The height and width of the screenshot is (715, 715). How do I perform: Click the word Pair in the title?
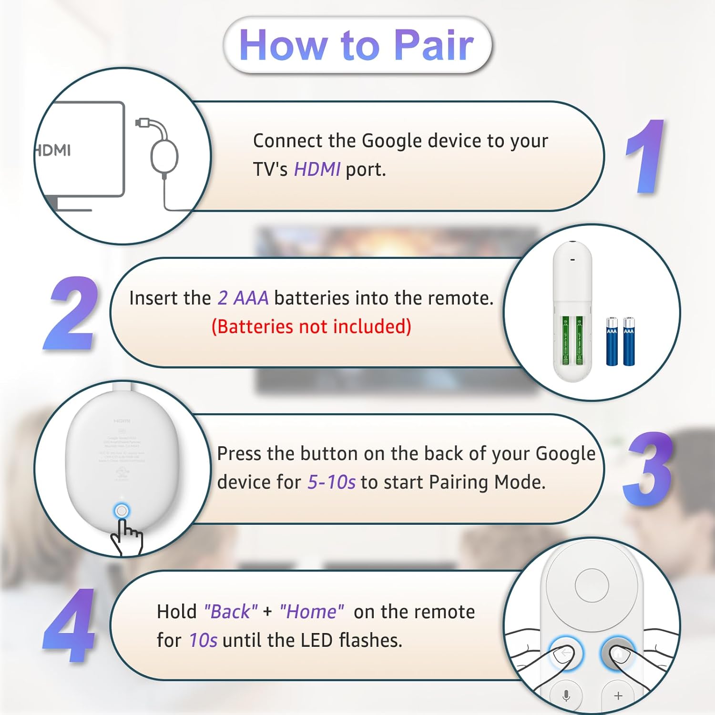pyautogui.click(x=434, y=45)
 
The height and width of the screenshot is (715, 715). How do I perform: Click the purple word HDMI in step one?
pyautogui.click(x=317, y=170)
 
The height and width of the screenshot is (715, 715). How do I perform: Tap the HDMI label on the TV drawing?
pyautogui.click(x=54, y=151)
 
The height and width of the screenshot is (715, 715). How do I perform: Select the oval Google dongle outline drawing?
pyautogui.click(x=164, y=156)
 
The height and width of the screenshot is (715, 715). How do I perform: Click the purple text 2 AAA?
pyautogui.click(x=243, y=298)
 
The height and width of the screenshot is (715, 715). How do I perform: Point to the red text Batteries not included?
pyautogui.click(x=311, y=327)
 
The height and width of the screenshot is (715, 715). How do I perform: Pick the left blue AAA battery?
pyautogui.click(x=612, y=341)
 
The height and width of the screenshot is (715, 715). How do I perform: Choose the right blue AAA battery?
pyautogui.click(x=629, y=341)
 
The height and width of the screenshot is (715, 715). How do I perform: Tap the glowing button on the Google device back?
pyautogui.click(x=122, y=511)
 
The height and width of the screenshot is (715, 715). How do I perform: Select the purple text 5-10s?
pyautogui.click(x=331, y=482)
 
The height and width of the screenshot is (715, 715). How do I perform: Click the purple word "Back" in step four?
pyautogui.click(x=231, y=612)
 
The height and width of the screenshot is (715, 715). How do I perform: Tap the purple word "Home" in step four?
pyautogui.click(x=311, y=612)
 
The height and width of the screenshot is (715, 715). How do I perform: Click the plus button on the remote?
pyautogui.click(x=618, y=696)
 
